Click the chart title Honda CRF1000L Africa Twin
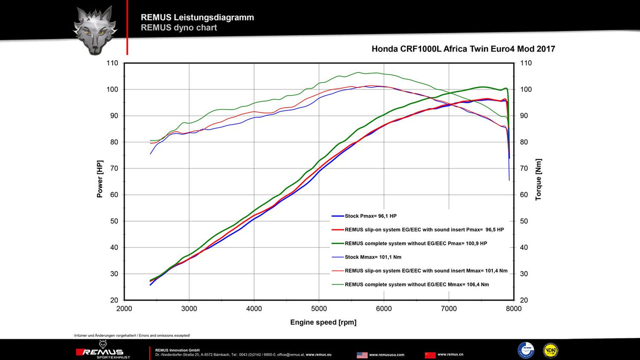point(463,49)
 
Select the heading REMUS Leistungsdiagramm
point(197,17)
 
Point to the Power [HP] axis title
point(100,178)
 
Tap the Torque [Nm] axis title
point(538,179)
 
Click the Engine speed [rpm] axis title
point(323,322)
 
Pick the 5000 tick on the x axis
point(319,309)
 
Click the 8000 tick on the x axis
point(513,309)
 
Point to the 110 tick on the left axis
point(112,63)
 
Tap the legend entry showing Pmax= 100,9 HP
point(416,243)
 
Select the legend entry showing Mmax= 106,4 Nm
point(417,284)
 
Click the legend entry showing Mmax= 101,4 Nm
point(426,271)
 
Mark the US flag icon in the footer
point(362,355)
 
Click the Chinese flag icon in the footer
point(430,355)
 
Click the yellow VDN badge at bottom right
point(550,350)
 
